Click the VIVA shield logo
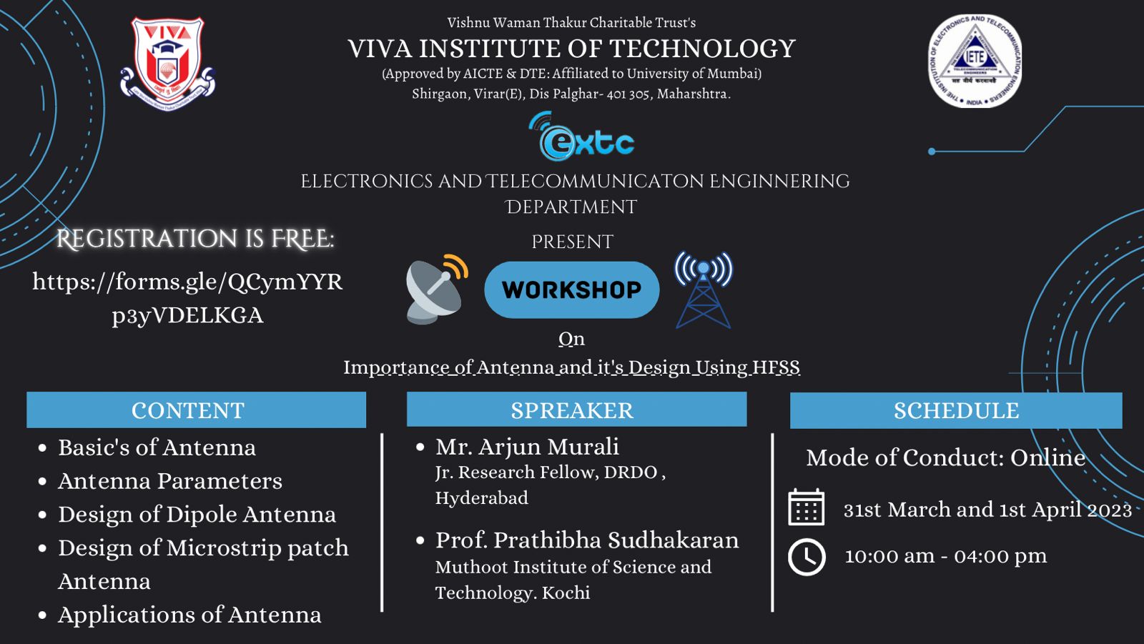[167, 64]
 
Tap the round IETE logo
[975, 61]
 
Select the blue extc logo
[581, 137]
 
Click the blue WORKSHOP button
[572, 289]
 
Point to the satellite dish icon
[437, 289]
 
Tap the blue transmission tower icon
[704, 289]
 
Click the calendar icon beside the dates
[806, 507]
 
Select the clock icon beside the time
[807, 557]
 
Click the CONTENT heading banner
[196, 410]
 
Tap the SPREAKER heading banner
[576, 409]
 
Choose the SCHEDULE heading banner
[956, 410]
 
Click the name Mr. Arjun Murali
[527, 447]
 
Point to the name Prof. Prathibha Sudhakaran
[587, 540]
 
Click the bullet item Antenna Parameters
[170, 481]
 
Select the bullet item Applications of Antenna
[189, 615]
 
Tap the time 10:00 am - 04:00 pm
[946, 555]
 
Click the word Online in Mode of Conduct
[1048, 457]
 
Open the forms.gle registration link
[187, 298]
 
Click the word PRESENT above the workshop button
[573, 242]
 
